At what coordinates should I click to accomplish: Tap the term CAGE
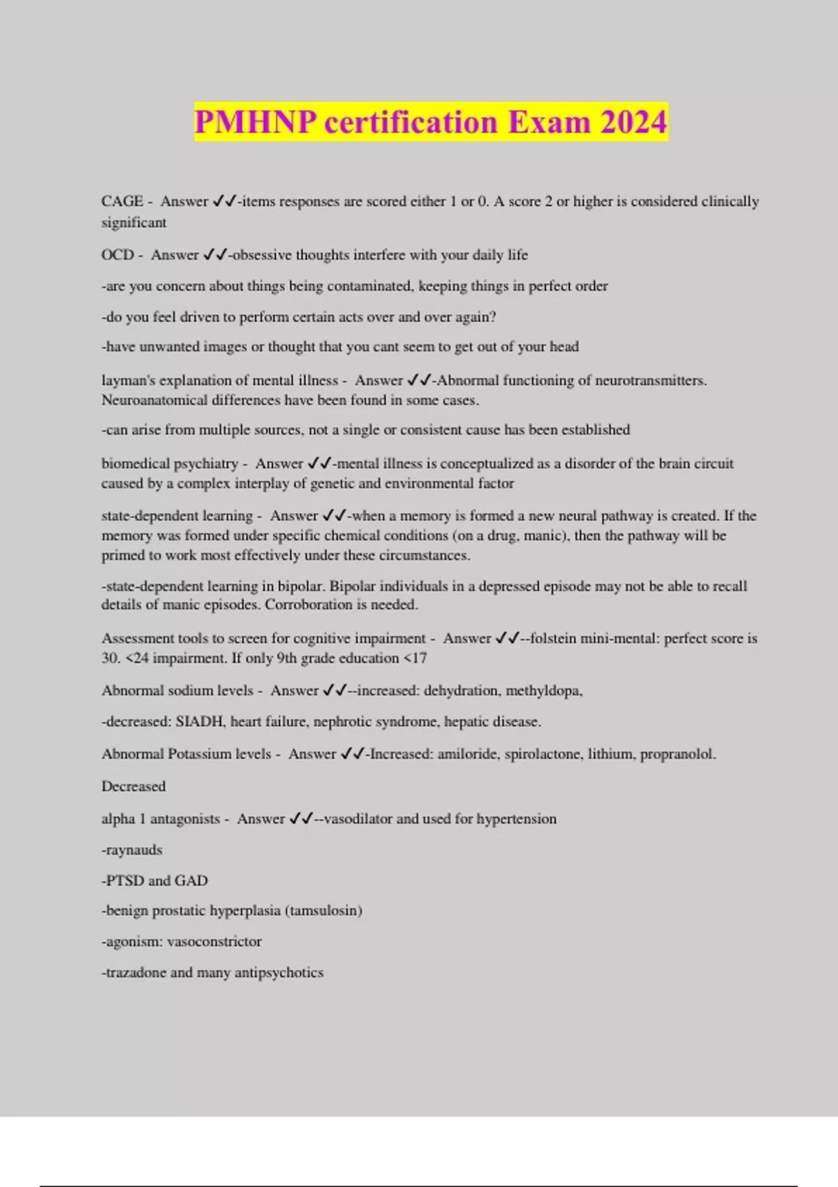[x=122, y=201]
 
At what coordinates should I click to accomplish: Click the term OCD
[x=117, y=255]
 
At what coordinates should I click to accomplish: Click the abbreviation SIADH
[x=199, y=722]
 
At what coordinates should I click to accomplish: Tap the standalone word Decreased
[x=133, y=786]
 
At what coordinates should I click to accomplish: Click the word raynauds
[x=133, y=850]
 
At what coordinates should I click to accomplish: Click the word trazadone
[x=134, y=973]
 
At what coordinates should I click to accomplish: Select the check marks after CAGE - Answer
[x=223, y=201]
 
